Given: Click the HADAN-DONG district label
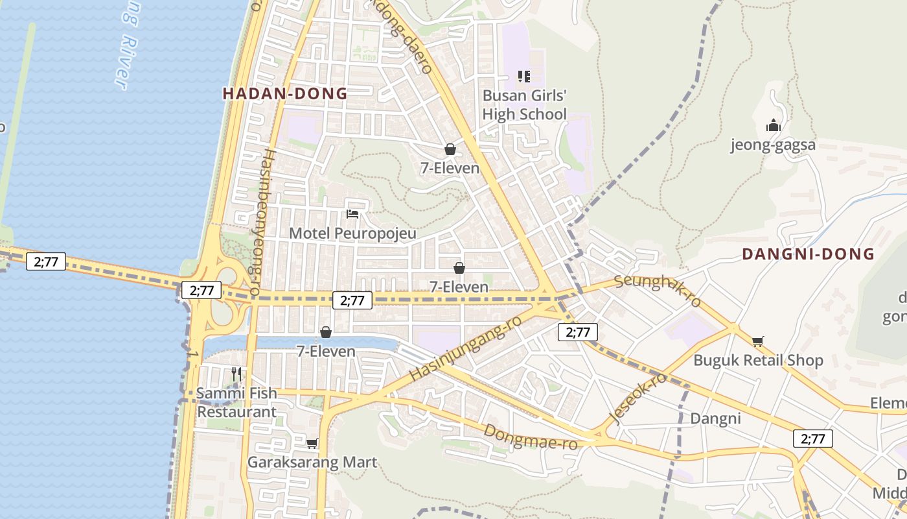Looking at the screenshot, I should [x=285, y=93].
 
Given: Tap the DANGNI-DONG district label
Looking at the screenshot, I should [x=808, y=254].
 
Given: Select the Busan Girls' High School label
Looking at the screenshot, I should [x=525, y=105].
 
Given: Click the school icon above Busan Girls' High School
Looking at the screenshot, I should [x=524, y=77].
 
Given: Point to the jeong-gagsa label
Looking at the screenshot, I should [x=773, y=145].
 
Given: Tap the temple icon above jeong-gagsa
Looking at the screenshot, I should [x=773, y=125].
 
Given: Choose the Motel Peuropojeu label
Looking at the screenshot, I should [x=352, y=234].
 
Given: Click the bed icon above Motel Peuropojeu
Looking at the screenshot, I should [x=352, y=213].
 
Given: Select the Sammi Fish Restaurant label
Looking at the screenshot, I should [x=236, y=402].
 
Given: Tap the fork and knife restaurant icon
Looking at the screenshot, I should [x=236, y=374].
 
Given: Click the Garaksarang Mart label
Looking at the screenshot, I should [x=312, y=463].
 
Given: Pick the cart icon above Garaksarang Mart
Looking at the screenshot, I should [x=312, y=443].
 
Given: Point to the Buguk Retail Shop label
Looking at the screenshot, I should [x=758, y=360].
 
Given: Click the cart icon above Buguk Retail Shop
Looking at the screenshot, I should [x=758, y=341].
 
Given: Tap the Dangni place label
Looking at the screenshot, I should [x=715, y=418].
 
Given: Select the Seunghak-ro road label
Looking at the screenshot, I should [x=658, y=290].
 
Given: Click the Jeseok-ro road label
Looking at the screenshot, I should [x=638, y=398].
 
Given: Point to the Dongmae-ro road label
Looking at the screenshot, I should [x=531, y=437].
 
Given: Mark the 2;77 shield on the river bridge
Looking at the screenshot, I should [x=46, y=262].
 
